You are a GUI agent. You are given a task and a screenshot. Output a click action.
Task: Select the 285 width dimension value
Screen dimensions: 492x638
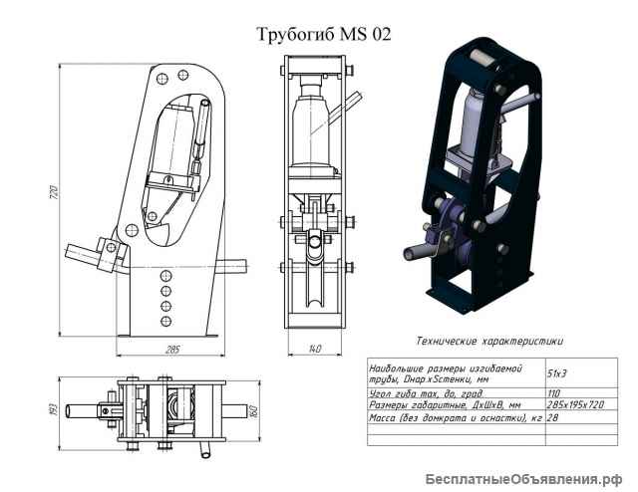170,350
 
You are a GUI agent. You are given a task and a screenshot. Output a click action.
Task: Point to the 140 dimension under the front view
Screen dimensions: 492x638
315,350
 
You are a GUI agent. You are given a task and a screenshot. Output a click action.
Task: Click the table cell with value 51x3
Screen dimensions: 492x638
559,371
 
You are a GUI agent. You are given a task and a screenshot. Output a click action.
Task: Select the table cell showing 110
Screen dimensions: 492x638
555,392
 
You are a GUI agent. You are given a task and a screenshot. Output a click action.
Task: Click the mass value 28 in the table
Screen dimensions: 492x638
554,419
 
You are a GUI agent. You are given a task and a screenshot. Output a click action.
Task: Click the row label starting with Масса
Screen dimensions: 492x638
455,419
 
